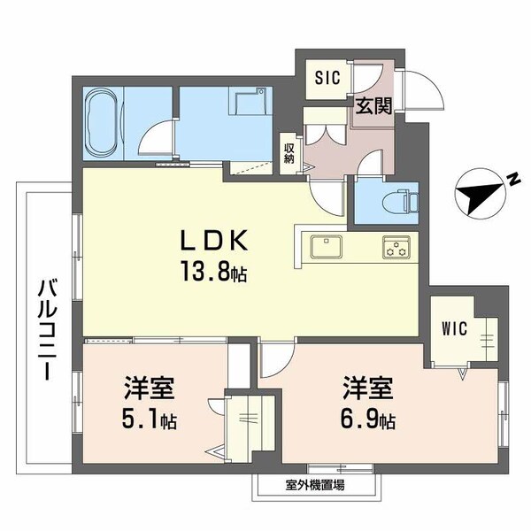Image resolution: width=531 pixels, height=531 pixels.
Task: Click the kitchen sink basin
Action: (x=326, y=246)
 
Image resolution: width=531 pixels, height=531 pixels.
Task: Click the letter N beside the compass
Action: (x=512, y=180)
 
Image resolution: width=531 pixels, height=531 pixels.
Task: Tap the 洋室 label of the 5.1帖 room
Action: (x=148, y=389)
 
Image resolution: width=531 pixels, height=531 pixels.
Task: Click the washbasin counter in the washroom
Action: (x=249, y=105)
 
